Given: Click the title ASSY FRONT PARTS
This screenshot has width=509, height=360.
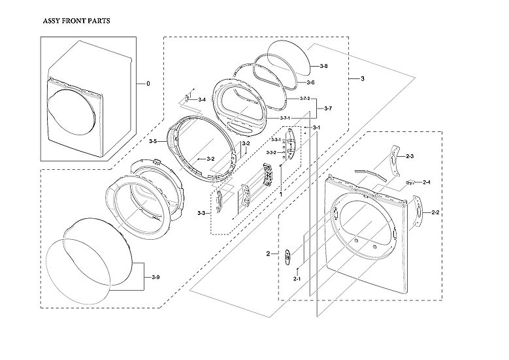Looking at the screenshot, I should pos(76,20).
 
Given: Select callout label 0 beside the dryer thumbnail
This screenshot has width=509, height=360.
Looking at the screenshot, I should pos(148,83).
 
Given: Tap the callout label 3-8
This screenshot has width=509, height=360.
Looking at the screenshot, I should pos(324,67).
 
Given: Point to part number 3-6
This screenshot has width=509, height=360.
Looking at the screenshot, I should pos(311,82).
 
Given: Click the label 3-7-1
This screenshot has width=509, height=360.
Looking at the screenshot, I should pos(285,118).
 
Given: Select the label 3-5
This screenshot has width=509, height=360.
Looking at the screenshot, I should pos(152,141).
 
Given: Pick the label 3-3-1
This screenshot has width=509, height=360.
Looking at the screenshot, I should pos(277,139).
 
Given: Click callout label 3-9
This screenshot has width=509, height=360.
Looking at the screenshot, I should pos(155,278).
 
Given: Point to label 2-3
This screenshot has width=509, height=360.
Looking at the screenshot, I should pos(410,156).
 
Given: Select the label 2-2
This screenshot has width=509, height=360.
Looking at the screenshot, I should pos(435,213).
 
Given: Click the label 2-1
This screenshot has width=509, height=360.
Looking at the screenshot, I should pos(297,278).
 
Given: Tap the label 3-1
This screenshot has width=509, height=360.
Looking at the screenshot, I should pos(316,127).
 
